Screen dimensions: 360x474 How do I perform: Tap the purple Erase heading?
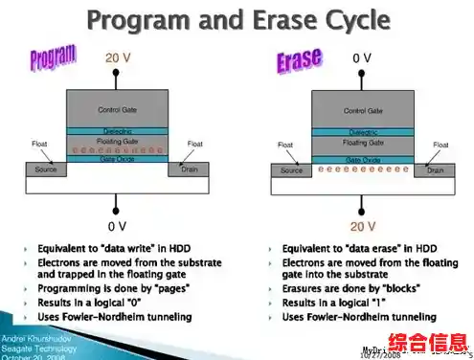300,61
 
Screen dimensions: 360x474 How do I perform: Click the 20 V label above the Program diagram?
117,58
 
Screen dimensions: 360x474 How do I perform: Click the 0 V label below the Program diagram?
117,226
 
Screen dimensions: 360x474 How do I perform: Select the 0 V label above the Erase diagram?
362,58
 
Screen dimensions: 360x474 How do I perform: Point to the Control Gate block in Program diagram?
117,109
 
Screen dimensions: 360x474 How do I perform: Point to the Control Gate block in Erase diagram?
362,109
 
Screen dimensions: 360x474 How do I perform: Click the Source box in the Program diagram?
45,169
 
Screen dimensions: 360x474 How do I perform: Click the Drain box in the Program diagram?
189,169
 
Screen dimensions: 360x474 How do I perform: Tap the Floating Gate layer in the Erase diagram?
362,142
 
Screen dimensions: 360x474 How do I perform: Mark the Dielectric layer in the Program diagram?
117,131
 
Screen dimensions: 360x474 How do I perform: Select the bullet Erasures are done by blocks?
349,286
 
